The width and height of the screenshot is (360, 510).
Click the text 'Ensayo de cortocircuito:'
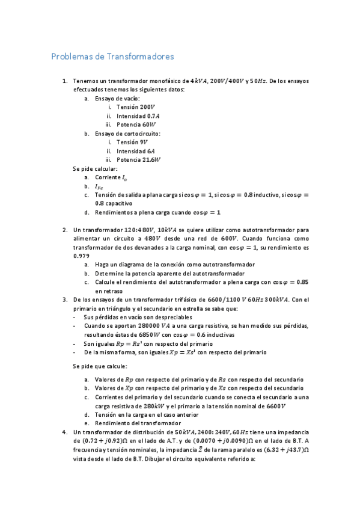[127, 134]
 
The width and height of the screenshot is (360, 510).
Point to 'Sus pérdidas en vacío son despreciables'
[138, 317]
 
